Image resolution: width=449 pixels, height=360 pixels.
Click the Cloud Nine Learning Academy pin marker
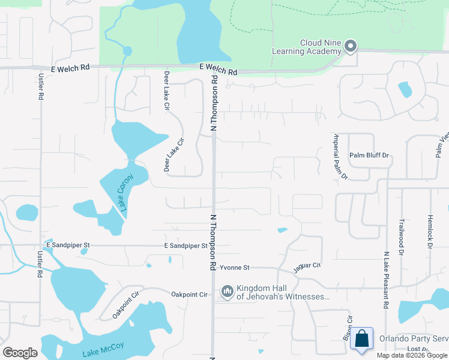point(351,45)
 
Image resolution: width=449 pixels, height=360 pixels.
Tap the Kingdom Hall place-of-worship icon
point(227,292)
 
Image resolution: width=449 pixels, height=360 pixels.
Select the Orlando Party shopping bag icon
point(363,338)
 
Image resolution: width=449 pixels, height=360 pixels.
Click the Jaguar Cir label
point(308,265)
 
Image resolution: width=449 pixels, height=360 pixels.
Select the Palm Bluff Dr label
point(370,155)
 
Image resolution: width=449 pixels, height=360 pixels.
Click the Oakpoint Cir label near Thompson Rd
point(189,295)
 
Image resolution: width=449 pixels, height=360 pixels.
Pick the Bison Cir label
point(347,328)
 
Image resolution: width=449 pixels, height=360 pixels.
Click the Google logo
point(20,352)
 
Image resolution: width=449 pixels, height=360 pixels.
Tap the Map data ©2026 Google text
point(412,355)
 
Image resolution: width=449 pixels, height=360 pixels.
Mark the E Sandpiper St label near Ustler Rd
point(68,245)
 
